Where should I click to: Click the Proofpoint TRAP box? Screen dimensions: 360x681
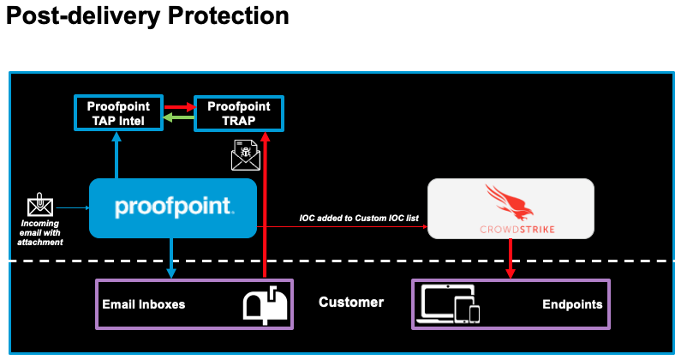239,114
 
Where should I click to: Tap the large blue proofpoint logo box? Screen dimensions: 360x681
173,207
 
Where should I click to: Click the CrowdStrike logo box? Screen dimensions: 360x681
511,208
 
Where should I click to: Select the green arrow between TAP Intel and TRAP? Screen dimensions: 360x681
179,120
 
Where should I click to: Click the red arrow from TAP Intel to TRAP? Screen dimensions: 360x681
179,107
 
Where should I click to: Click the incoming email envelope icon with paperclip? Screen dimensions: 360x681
39,207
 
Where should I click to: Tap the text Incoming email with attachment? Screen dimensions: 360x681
41,232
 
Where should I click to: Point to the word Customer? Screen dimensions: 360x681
351,303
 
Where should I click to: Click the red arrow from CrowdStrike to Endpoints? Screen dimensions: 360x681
511,257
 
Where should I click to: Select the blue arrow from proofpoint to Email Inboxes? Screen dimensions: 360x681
172,257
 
